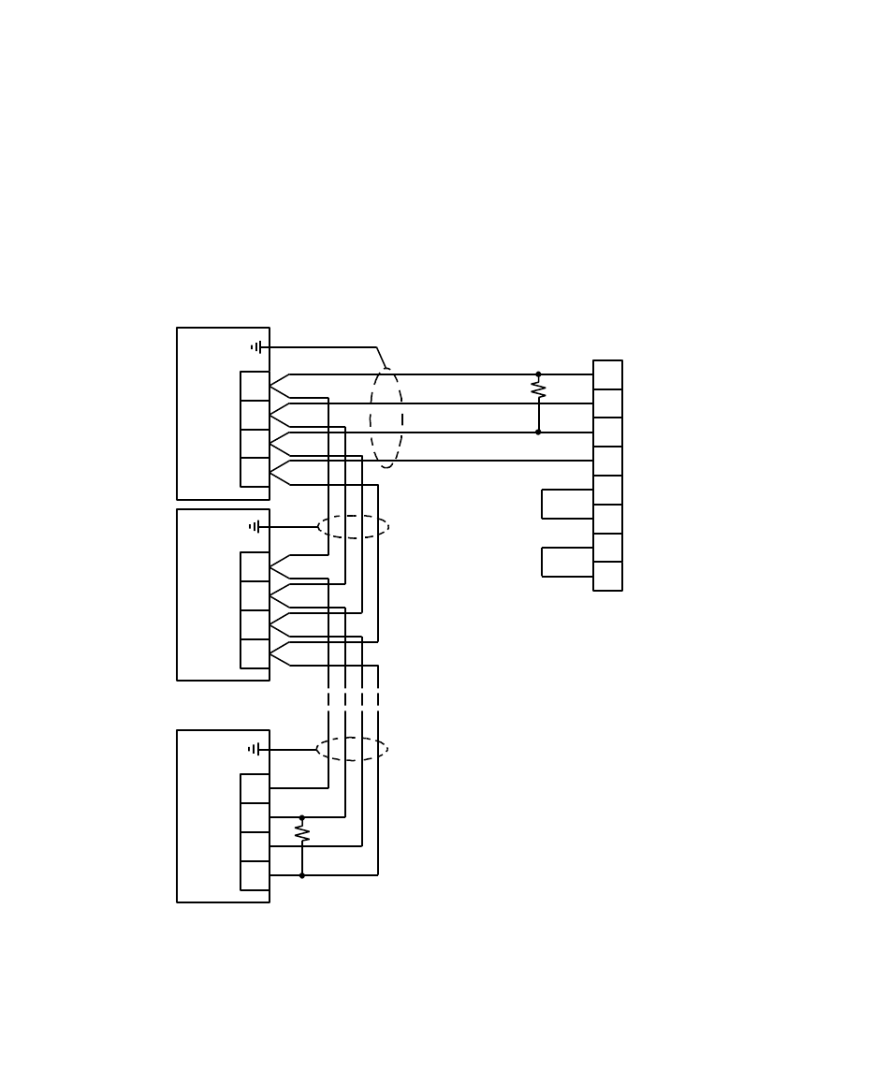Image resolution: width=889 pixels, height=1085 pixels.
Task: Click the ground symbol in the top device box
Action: point(256,347)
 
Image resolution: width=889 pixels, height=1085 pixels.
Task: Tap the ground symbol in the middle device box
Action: point(255,527)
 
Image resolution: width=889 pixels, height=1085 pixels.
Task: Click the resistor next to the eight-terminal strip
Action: point(538,389)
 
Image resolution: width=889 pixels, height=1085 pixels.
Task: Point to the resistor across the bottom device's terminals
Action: point(302,832)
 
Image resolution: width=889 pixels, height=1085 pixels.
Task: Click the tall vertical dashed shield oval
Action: point(386,418)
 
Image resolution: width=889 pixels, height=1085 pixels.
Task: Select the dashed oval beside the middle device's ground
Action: point(353,527)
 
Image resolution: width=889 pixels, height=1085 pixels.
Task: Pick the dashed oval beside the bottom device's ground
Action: point(352,749)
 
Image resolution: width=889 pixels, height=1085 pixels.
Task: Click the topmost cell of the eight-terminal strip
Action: point(607,374)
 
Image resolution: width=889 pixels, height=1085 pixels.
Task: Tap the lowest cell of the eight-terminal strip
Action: point(607,576)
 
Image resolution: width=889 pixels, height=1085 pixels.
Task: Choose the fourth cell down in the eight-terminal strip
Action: point(607,461)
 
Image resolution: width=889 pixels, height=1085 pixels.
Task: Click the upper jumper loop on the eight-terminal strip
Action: point(543,504)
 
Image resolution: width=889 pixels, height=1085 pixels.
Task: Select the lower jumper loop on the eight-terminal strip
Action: point(543,562)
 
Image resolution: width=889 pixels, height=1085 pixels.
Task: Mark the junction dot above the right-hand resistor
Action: point(538,374)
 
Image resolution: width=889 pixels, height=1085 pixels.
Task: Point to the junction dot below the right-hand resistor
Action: point(538,432)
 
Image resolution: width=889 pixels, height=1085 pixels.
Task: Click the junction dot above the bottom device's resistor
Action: point(302,817)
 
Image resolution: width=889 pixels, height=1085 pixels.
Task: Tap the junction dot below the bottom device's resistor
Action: point(302,875)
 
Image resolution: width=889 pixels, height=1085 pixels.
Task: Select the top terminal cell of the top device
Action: point(255,386)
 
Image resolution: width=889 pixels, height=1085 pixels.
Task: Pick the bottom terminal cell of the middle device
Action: point(255,653)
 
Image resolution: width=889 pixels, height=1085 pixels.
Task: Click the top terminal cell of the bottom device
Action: point(255,788)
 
